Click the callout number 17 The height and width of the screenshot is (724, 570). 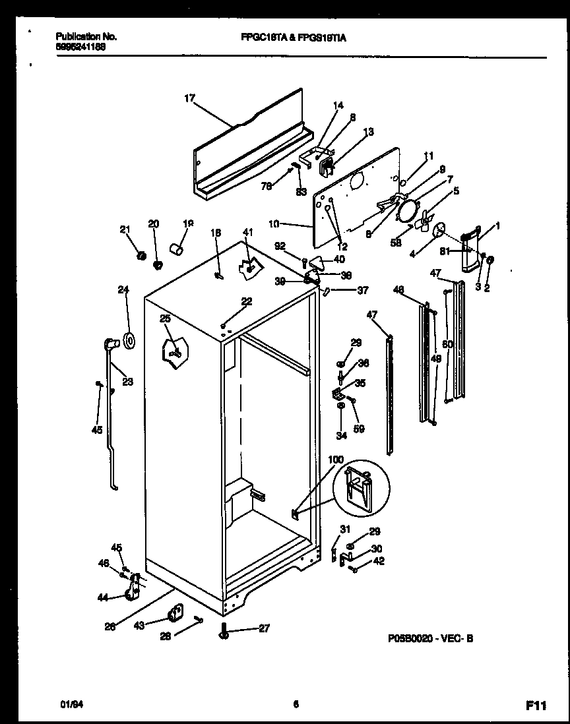pyautogui.click(x=189, y=98)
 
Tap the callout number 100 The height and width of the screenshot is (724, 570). pyautogui.click(x=336, y=459)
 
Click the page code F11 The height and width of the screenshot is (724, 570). pyautogui.click(x=537, y=706)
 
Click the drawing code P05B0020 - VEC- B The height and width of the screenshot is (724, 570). pyautogui.click(x=430, y=638)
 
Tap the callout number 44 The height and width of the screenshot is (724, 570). pyautogui.click(x=102, y=597)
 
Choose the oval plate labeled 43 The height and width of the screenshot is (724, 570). pyautogui.click(x=175, y=614)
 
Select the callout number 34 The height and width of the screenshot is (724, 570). pyautogui.click(x=341, y=435)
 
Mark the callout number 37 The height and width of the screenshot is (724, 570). pyautogui.click(x=362, y=290)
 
